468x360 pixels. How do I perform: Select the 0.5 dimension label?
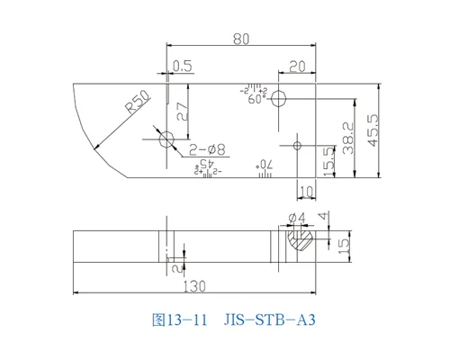point(182,66)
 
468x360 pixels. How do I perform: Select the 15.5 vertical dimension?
point(329,161)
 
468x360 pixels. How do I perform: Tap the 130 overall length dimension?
point(195,286)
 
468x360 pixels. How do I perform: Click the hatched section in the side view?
point(299,239)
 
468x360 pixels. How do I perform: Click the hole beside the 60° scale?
point(280,96)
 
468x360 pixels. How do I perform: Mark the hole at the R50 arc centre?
point(166,139)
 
